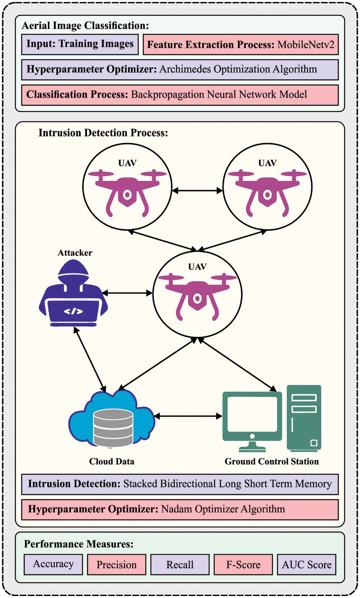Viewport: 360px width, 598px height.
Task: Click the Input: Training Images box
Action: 80,44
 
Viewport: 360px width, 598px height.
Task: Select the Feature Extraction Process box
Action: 240,44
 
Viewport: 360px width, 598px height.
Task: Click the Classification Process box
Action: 180,95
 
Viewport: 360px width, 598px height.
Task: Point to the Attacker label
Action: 75,253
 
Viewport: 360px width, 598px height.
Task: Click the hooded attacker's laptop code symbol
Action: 73,311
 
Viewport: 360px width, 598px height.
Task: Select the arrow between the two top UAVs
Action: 197,191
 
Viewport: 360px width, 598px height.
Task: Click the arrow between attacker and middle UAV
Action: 127,293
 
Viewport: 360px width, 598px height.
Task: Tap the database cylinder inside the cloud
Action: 113,427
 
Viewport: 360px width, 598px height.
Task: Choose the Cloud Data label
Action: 112,461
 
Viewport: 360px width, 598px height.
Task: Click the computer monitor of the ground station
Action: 252,412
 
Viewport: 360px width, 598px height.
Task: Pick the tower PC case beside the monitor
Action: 304,418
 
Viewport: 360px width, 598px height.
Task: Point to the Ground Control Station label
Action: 272,461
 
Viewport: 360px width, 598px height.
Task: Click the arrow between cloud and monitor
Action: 188,416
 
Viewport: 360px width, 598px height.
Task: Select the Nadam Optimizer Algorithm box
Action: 180,509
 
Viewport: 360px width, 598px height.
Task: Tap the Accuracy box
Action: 53,564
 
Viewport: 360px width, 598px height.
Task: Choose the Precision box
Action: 116,564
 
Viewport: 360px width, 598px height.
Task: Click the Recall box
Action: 180,564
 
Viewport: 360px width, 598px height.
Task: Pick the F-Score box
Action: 243,564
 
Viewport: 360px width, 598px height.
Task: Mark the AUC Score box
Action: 306,564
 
